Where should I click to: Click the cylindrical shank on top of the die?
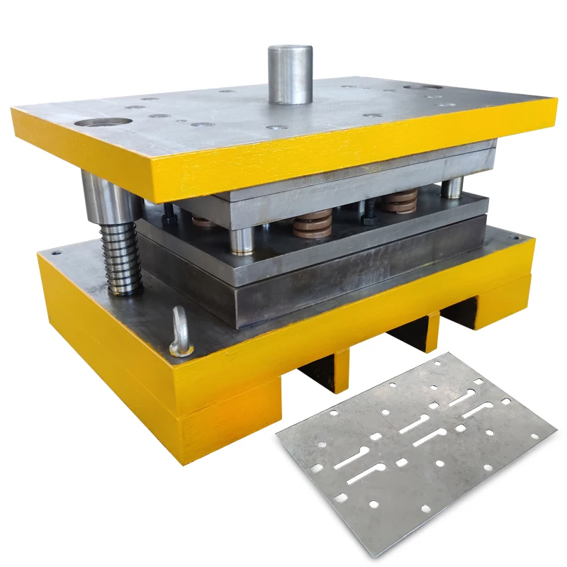click(290, 74)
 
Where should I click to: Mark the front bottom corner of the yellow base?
click(182, 461)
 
